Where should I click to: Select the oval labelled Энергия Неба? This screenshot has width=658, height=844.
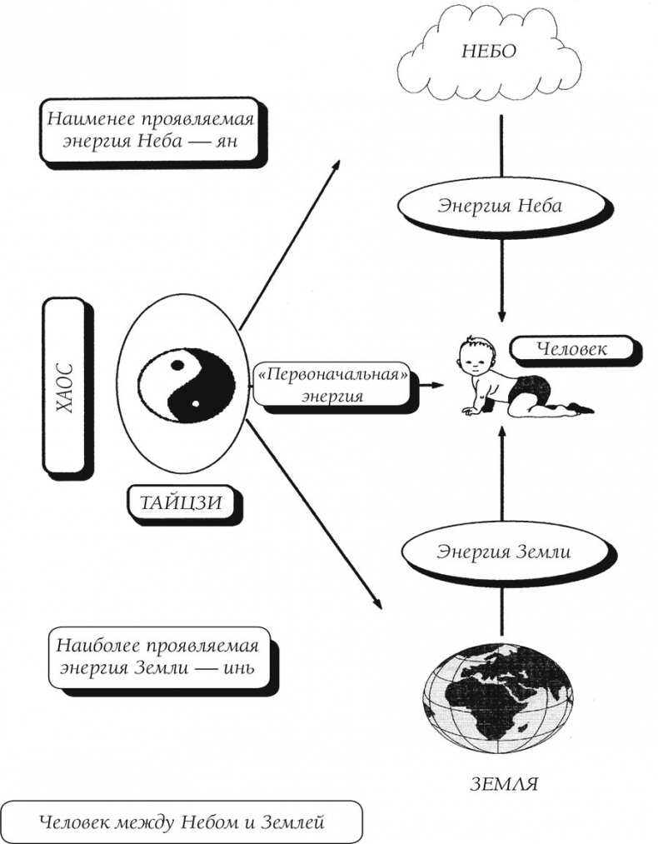[500, 206]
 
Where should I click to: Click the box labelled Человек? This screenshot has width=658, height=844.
[571, 349]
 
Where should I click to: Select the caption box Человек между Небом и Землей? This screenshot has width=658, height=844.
[182, 822]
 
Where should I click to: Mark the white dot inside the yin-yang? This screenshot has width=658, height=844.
[194, 405]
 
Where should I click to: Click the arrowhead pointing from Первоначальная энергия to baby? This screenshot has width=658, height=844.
[436, 387]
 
